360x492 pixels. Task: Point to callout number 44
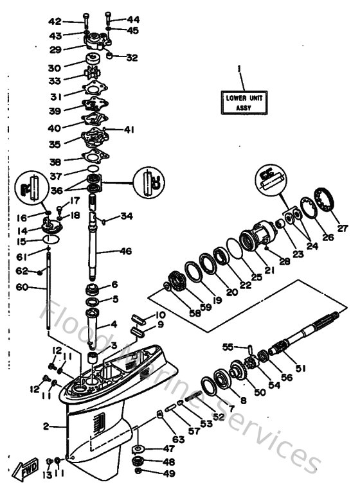point(133,20)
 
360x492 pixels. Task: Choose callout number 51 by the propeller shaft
point(319,368)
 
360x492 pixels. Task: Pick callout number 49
point(169,474)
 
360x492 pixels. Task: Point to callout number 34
point(127,216)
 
